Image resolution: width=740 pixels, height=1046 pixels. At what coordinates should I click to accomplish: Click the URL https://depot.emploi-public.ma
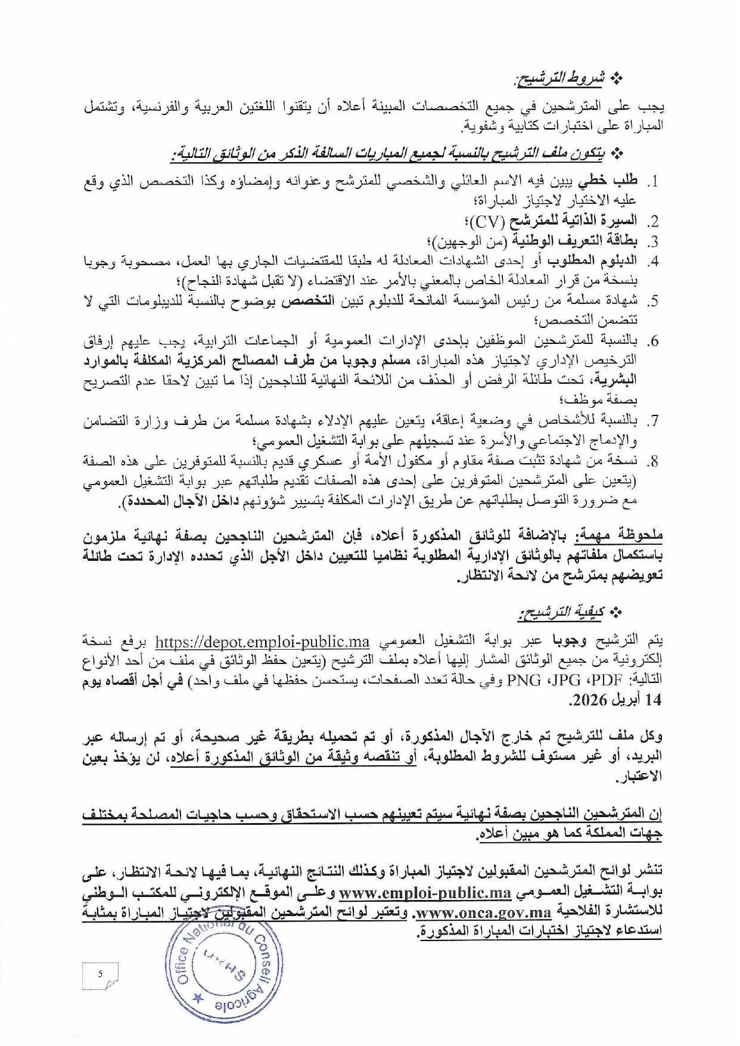pos(262,643)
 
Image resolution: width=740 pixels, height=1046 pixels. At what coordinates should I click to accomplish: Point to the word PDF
pos(610,681)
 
